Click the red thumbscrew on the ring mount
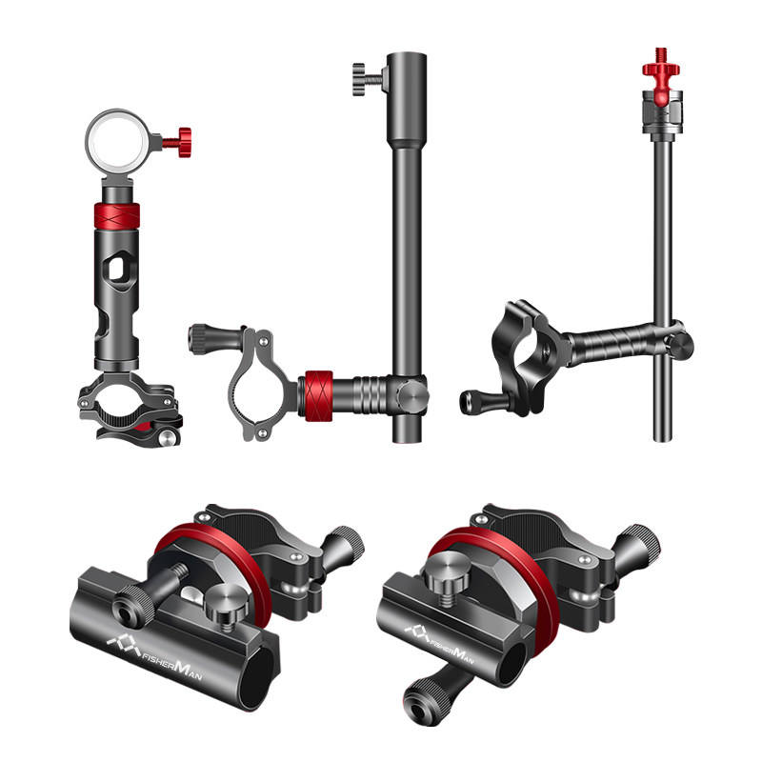click(x=178, y=142)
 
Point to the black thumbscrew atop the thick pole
click(x=368, y=79)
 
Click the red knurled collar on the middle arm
click(x=318, y=395)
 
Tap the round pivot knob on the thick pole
click(x=412, y=394)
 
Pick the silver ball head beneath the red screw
click(x=662, y=112)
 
